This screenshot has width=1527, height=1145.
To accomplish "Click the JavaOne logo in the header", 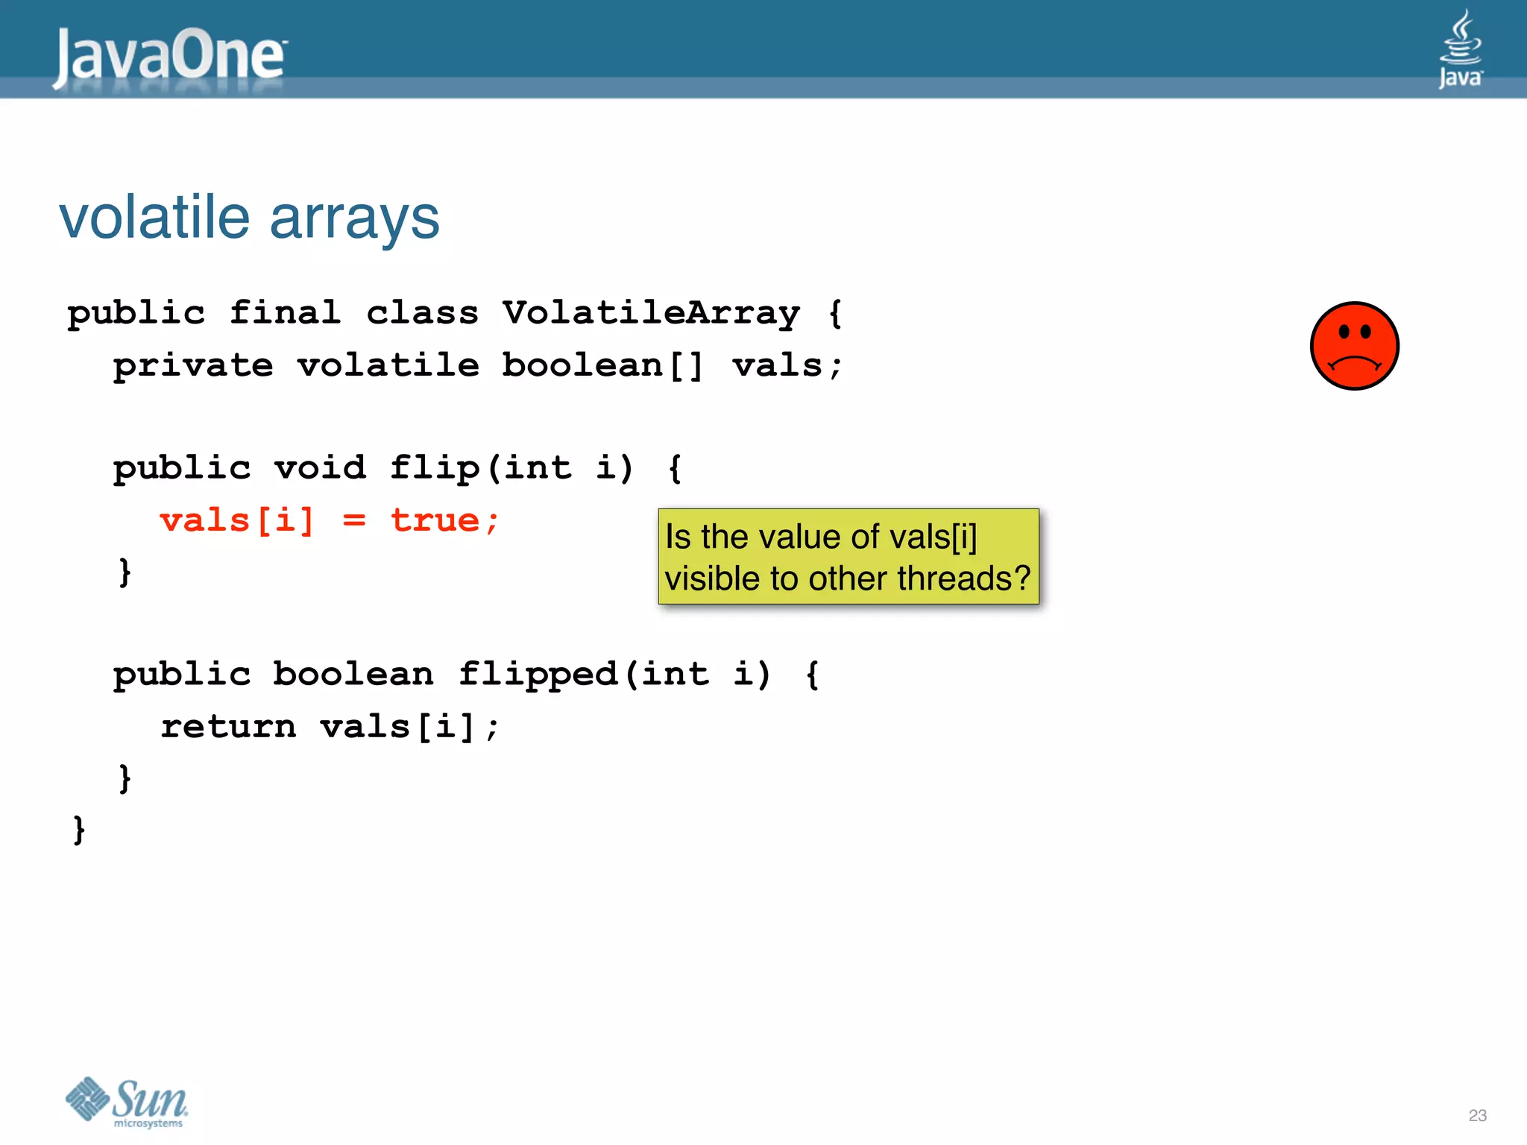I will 170,57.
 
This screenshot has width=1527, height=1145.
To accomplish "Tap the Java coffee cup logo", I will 1460,48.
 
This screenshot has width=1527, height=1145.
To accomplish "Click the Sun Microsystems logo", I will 127,1102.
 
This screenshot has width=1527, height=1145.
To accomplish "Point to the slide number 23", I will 1477,1115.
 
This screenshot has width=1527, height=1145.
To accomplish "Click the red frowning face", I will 1354,346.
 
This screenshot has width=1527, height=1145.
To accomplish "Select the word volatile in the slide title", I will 154,218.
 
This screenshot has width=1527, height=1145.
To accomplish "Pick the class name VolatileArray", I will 651,313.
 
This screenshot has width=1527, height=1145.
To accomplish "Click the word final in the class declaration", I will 285,313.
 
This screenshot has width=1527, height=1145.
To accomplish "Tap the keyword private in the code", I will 193,365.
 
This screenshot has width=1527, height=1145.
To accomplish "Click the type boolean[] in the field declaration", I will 602,365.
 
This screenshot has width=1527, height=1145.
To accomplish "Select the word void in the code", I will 320,468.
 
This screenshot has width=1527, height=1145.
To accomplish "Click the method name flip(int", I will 481,468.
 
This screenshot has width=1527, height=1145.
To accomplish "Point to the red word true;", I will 444,520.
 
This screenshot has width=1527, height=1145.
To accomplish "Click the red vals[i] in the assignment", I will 237,520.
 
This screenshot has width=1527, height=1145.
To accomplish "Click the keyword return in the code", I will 228,727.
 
